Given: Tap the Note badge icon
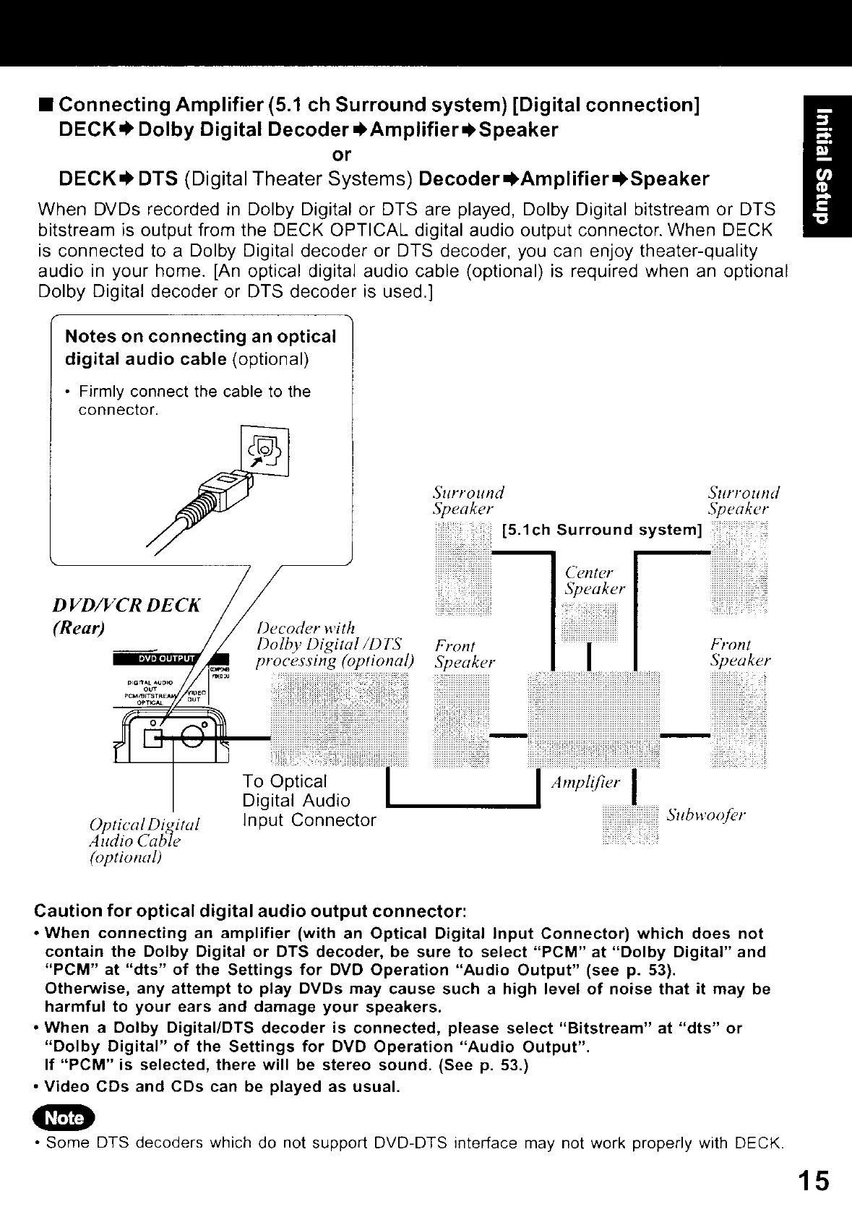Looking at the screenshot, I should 64,1117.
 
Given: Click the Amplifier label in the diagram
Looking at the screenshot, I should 585,783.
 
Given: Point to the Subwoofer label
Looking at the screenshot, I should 705,815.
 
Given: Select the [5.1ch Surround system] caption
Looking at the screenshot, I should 602,530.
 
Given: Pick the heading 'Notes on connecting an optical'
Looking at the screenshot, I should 200,337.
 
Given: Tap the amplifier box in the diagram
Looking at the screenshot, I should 594,718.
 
